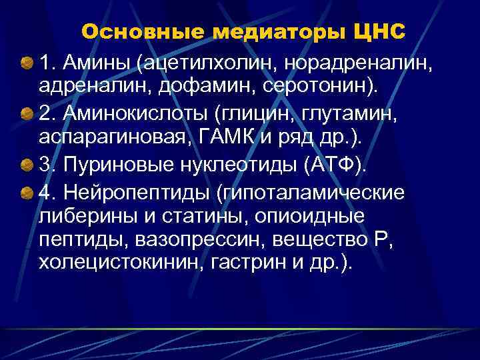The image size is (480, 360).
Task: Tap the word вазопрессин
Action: point(200,239)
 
